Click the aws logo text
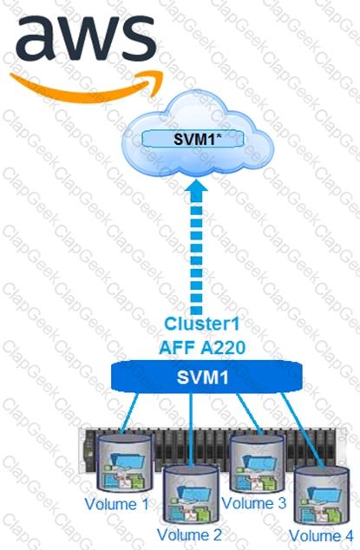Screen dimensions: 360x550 [85, 37]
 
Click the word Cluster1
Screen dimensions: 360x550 [202, 324]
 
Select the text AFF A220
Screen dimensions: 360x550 [202, 348]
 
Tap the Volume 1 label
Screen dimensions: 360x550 [117, 504]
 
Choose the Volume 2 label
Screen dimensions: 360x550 [189, 535]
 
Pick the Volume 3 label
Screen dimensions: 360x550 [254, 503]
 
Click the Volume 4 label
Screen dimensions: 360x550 [321, 535]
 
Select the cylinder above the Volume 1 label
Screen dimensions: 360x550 [125, 462]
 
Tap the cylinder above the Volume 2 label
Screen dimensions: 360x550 [191, 494]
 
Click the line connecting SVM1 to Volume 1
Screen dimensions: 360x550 [128, 413]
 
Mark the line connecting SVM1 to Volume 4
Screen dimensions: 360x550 [302, 430]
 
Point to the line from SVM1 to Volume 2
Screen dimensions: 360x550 [191, 430]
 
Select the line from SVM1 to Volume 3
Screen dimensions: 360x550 [249, 413]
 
